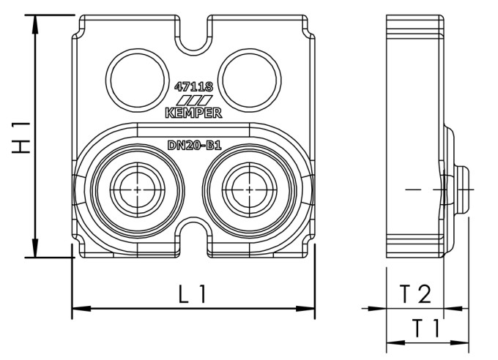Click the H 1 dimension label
tap(23, 137)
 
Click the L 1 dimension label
tap(193, 294)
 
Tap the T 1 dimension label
tap(425, 329)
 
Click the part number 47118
tap(193, 86)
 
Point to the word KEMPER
tap(193, 113)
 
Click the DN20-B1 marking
tap(194, 146)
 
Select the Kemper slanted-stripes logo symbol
tap(193, 100)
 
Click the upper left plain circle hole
tap(136, 77)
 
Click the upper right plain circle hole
tap(250, 77)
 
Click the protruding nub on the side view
tap(461, 190)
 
